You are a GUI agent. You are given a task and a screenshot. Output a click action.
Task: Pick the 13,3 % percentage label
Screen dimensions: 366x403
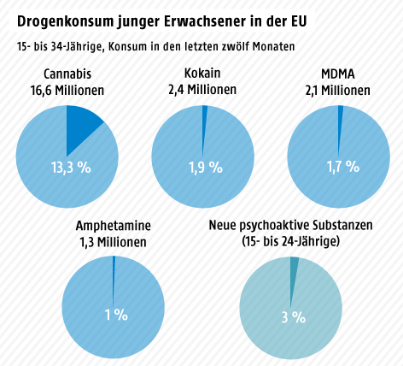(x=68, y=167)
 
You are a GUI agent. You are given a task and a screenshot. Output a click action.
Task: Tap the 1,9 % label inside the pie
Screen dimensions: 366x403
(x=203, y=167)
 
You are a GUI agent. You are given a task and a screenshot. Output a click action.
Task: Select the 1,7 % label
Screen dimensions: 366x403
(x=339, y=167)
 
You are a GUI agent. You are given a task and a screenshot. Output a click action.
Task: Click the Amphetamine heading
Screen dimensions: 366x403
(x=114, y=226)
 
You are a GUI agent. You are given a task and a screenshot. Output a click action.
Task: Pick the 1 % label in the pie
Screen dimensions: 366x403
(x=114, y=316)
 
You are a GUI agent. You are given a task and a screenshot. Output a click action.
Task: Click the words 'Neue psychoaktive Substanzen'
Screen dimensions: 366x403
(x=291, y=226)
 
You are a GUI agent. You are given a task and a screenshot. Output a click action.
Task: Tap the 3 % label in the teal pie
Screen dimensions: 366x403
(x=293, y=317)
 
